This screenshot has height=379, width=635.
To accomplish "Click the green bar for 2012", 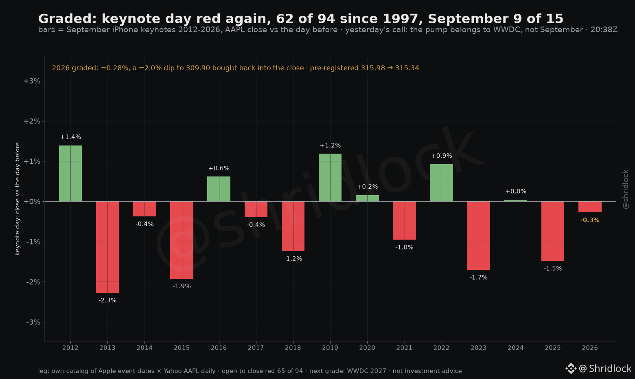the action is pyautogui.click(x=70, y=174).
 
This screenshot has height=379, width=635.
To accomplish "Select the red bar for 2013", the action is pyautogui.click(x=107, y=247).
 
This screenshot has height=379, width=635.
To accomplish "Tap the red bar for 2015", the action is pyautogui.click(x=182, y=240).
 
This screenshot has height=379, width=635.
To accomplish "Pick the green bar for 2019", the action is pyautogui.click(x=330, y=178).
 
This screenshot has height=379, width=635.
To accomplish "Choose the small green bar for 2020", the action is pyautogui.click(x=368, y=198).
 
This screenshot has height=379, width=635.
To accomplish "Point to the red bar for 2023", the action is pyautogui.click(x=479, y=236).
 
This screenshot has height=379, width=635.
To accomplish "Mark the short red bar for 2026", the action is pyautogui.click(x=590, y=207).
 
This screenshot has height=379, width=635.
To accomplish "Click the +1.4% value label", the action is pyautogui.click(x=70, y=137).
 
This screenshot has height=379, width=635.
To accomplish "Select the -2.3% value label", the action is pyautogui.click(x=107, y=300).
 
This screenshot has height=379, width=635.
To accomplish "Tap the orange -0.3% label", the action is pyautogui.click(x=590, y=220).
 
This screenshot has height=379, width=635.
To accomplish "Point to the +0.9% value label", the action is pyautogui.click(x=441, y=156).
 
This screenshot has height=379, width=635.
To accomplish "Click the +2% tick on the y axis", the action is pyautogui.click(x=32, y=121).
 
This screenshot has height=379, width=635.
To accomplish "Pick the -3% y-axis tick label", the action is pyautogui.click(x=33, y=322).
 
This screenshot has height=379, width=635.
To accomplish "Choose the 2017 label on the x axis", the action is pyautogui.click(x=256, y=348).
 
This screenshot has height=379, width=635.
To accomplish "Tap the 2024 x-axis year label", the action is pyautogui.click(x=516, y=348).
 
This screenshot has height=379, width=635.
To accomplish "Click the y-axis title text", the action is pyautogui.click(x=17, y=199).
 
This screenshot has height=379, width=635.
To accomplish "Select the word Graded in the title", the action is pyautogui.click(x=68, y=19).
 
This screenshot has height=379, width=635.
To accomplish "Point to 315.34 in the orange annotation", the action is pyautogui.click(x=407, y=68).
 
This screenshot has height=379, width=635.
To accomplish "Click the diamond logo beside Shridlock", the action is pyautogui.click(x=571, y=368).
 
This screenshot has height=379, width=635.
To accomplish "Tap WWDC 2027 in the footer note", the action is pyautogui.click(x=366, y=371).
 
